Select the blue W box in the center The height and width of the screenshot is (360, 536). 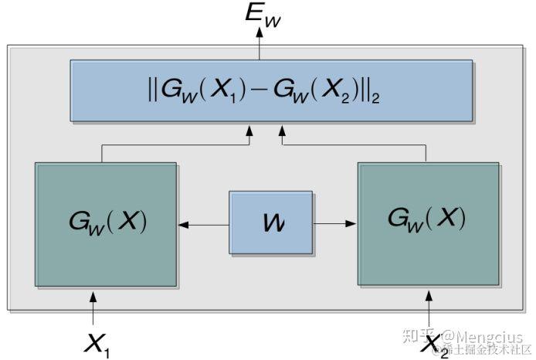pos(271,222)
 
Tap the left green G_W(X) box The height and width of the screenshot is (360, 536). pos(106,224)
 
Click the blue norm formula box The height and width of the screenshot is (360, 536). pos(271,90)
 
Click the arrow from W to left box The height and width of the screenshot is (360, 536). pos(204,225)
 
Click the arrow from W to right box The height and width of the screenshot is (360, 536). pos(335,225)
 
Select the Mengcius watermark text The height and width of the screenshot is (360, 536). pos(487,338)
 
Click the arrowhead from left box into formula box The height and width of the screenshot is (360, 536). pos(249,134)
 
